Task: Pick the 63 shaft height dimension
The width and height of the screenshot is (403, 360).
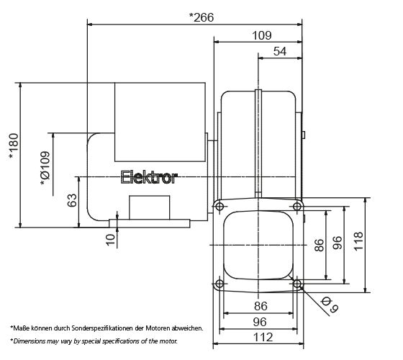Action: click(x=72, y=201)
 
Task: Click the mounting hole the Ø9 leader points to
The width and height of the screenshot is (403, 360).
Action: click(x=297, y=286)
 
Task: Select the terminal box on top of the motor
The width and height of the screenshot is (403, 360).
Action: click(x=160, y=122)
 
